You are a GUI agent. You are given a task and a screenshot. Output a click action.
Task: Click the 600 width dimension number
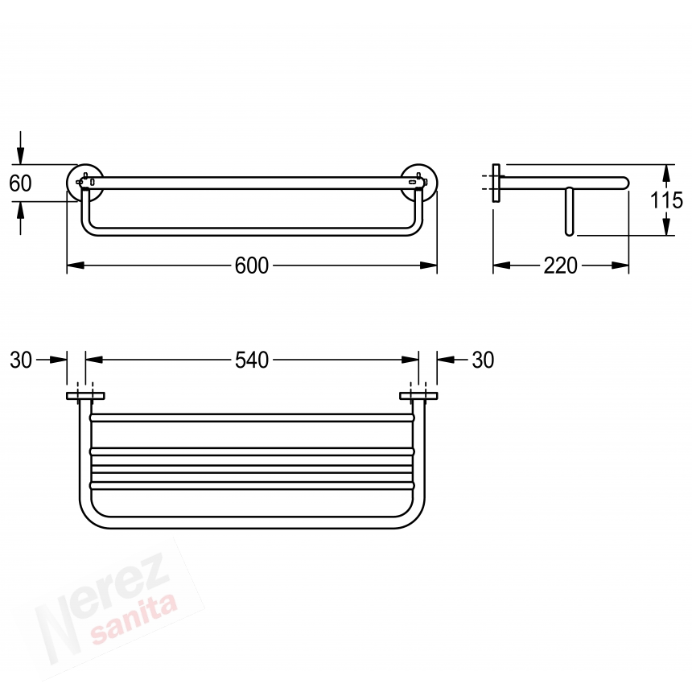click(252, 266)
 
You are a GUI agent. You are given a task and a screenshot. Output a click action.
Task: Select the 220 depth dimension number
click(561, 266)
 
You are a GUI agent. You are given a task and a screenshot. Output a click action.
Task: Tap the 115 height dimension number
click(667, 201)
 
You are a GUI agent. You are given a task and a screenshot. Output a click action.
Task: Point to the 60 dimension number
click(20, 183)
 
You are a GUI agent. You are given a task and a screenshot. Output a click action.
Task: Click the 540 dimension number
click(252, 360)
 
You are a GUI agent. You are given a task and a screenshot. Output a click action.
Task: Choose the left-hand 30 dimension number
click(21, 360)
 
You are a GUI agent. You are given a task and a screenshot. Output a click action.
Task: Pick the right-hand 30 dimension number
click(484, 360)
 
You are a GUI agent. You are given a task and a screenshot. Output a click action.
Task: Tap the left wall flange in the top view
click(85, 396)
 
